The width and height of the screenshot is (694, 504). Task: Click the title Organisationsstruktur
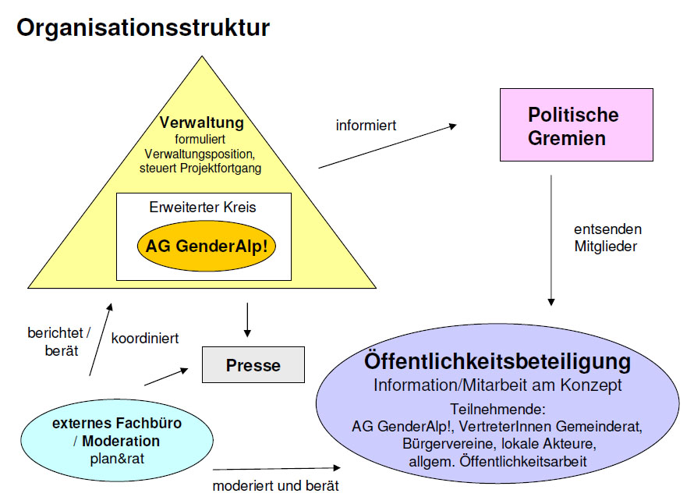(x=143, y=28)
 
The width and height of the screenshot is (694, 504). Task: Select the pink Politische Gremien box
(x=576, y=125)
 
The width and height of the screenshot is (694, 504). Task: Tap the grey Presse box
(x=253, y=365)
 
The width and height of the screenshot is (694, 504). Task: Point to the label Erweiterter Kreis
(x=202, y=208)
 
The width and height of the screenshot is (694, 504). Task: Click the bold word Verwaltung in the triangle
(x=202, y=122)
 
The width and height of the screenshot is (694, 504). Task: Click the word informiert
(x=366, y=125)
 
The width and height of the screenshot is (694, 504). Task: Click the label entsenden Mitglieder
(x=607, y=238)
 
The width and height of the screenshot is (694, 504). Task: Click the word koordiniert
(x=145, y=339)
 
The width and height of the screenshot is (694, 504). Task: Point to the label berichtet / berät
(x=58, y=341)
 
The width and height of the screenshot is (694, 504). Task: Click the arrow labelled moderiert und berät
(x=277, y=468)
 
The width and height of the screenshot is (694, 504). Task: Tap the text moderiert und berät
(x=275, y=487)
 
